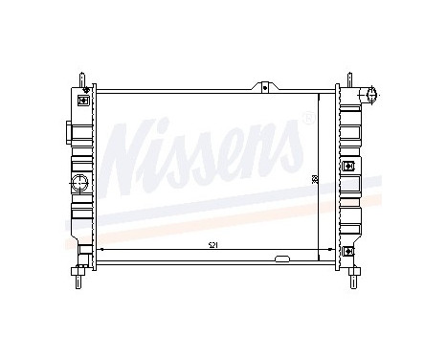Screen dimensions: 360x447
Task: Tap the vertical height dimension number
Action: point(314,179)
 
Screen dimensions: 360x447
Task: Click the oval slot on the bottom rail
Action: point(281,259)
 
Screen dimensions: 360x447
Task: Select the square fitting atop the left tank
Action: point(84,98)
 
